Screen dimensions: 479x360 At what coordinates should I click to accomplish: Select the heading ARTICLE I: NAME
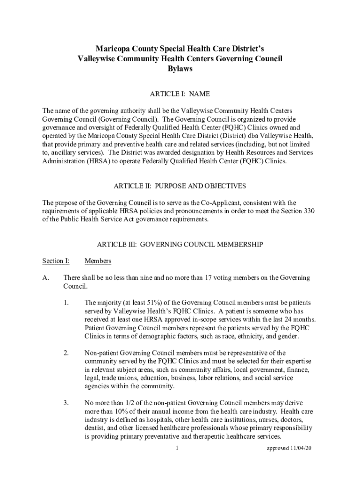click(x=180, y=94)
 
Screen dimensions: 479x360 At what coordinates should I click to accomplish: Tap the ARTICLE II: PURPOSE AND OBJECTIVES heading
click(x=180, y=186)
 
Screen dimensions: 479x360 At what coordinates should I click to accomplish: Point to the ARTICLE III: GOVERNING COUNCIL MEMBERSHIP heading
click(x=180, y=245)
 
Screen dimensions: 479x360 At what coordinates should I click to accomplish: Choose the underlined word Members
click(x=98, y=261)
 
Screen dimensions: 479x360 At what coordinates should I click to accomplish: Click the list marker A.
click(x=46, y=278)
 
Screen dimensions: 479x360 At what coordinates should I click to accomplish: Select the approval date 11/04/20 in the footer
click(x=299, y=449)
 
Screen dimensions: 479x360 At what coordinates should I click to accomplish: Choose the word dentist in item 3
click(x=94, y=428)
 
